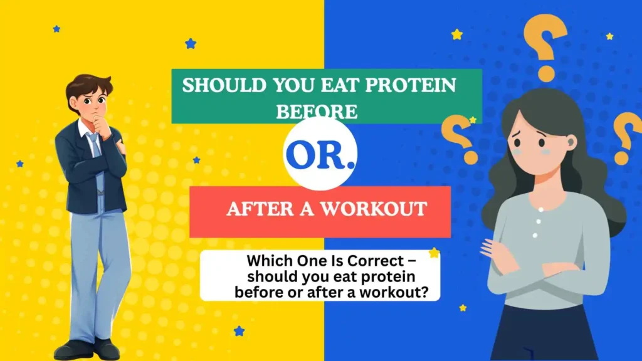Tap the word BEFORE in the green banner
[317, 112]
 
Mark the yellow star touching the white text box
[433, 253]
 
